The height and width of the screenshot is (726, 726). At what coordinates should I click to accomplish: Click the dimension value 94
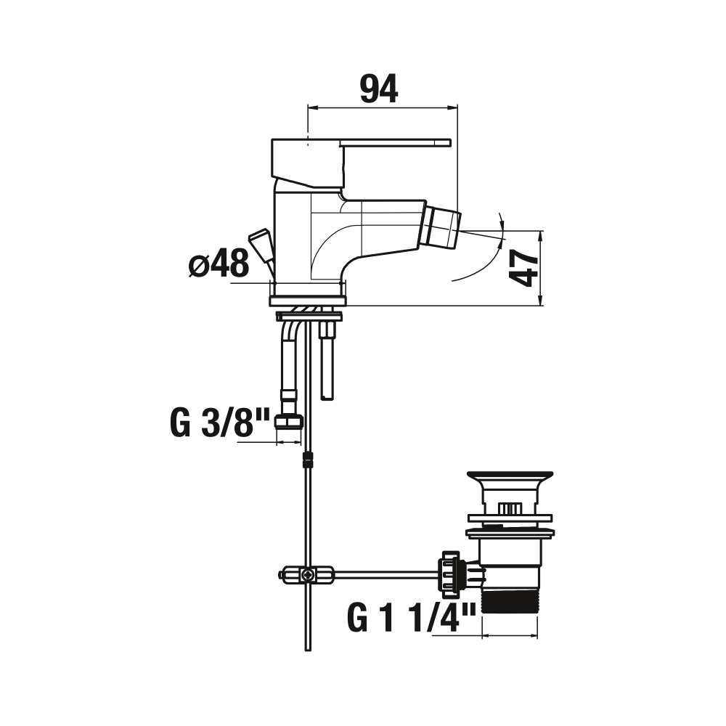click(x=379, y=89)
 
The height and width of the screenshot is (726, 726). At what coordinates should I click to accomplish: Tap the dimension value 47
click(x=523, y=268)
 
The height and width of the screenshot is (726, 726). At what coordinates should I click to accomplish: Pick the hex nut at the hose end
click(x=289, y=421)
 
